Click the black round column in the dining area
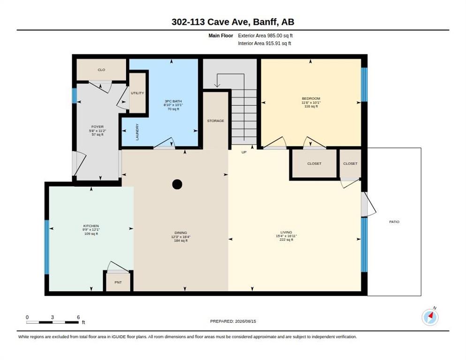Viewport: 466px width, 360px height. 177,184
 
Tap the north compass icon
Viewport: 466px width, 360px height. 430,317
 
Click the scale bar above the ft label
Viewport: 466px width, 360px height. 53,322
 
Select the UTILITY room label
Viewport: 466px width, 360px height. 137,93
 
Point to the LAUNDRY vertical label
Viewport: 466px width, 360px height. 137,132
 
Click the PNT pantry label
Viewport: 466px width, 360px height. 118,282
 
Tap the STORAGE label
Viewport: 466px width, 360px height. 216,120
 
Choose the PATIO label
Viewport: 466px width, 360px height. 394,222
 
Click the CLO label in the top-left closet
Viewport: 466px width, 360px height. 101,70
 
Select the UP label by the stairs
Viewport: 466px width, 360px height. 244,152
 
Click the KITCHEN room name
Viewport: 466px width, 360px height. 91,226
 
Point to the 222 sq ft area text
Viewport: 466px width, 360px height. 286,240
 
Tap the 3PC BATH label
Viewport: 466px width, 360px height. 173,101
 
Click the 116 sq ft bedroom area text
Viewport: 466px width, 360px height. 311,106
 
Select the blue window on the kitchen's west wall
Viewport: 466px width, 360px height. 47,247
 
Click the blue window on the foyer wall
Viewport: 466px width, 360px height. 74,96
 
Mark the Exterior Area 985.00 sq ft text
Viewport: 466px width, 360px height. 265,36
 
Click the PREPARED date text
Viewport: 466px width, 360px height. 233,322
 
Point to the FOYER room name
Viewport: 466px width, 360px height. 98,127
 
